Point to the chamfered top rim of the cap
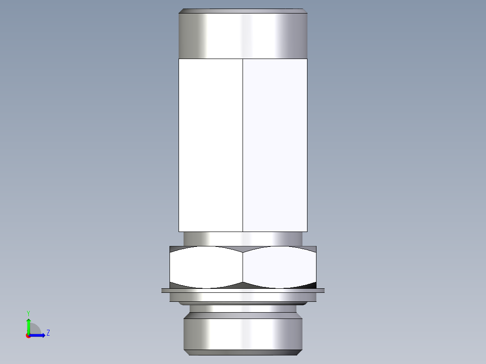click(x=243, y=11)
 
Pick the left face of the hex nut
click(x=206, y=267)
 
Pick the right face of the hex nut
click(x=280, y=267)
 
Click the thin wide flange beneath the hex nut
click(x=243, y=291)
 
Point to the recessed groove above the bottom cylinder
click(x=243, y=309)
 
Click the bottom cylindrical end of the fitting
click(x=243, y=333)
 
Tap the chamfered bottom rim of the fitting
click(x=243, y=352)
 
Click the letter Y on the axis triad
click(x=28, y=313)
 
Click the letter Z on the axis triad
click(x=48, y=333)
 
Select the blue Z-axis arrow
click(x=38, y=335)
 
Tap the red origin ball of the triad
click(x=28, y=336)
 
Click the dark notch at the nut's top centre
click(x=243, y=249)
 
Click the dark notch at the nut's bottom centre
click(x=243, y=285)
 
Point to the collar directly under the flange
click(x=243, y=297)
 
